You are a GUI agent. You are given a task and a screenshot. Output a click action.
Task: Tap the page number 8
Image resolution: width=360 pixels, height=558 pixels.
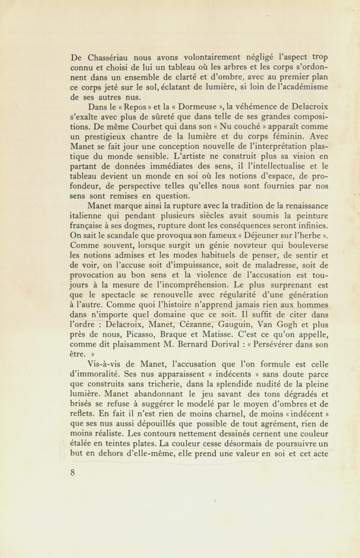[72, 472]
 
